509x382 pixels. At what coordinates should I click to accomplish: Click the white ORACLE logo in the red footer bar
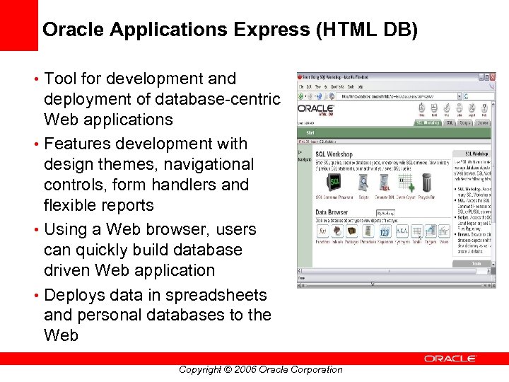coord(450,359)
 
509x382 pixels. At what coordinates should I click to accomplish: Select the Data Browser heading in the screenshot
coord(332,212)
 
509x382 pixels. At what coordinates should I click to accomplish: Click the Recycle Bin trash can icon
coord(426,183)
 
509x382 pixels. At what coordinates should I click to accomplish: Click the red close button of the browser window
coord(493,77)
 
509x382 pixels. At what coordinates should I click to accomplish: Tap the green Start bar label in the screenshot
coord(310,132)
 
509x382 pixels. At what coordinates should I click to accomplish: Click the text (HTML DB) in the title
coord(369,30)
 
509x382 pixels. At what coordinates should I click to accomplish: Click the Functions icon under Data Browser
coord(322,232)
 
